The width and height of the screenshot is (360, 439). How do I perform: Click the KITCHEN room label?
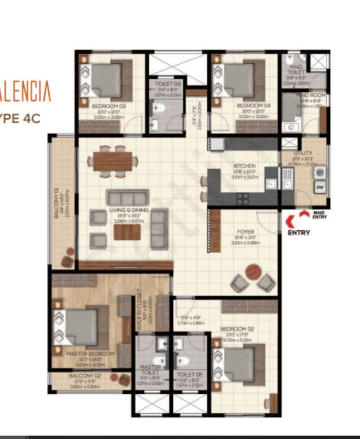pos(244,166)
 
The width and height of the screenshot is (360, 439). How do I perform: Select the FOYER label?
pos(245,232)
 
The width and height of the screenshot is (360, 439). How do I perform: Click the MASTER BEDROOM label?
pos(90,354)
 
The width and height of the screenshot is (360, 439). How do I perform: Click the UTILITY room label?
pos(303,153)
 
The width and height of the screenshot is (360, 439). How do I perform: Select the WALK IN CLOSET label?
pos(140,309)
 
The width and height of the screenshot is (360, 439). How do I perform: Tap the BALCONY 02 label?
pos(85,376)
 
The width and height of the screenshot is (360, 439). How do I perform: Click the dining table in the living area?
pos(113,161)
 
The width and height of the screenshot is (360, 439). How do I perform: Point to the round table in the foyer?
pos(253,272)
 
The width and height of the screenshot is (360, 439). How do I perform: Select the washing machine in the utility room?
pos(319,172)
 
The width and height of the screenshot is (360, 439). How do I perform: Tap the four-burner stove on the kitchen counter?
pos(243,198)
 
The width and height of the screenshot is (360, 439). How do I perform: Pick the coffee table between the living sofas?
pos(127,232)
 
